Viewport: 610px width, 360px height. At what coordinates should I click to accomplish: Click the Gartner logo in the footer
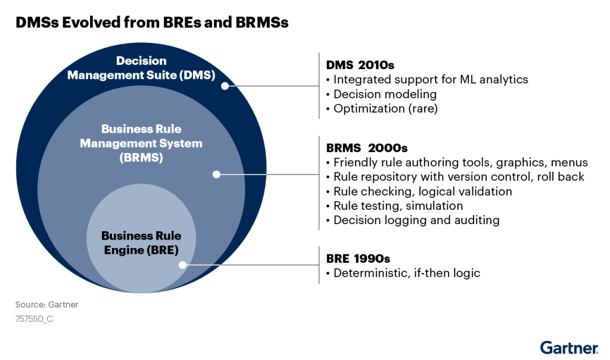click(x=569, y=347)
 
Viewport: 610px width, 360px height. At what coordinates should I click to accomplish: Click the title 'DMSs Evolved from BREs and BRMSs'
click(x=152, y=23)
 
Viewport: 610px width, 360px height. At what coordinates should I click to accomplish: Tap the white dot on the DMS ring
click(x=225, y=86)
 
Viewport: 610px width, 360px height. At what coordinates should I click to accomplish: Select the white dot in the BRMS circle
click(x=216, y=175)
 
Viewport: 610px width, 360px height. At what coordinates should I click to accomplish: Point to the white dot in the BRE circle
click(x=183, y=265)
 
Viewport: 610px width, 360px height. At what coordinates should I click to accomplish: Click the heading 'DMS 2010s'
click(x=360, y=64)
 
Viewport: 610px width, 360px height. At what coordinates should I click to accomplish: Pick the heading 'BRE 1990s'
click(x=358, y=259)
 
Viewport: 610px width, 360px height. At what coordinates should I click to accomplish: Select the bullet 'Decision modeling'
click(x=385, y=94)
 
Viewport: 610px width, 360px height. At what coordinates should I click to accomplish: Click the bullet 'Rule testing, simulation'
click(x=398, y=206)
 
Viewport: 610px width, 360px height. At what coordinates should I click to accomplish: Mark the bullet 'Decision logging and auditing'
click(x=416, y=220)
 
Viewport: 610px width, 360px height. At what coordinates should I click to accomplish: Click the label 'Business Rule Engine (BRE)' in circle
click(x=141, y=243)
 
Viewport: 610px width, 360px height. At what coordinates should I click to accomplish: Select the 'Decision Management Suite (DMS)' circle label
click(x=141, y=68)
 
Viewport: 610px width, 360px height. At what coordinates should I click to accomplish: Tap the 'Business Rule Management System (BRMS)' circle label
click(x=141, y=144)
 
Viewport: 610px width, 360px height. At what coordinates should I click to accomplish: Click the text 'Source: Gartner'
click(x=46, y=305)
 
